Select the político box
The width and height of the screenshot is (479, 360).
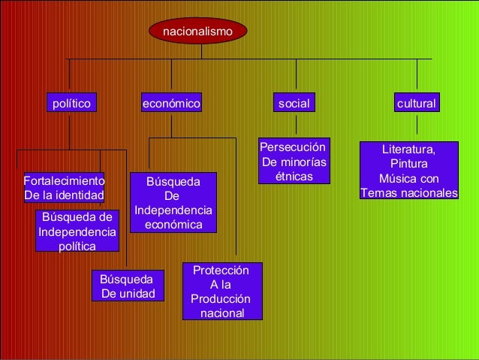coord(70,103)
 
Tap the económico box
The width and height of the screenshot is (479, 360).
coord(171,103)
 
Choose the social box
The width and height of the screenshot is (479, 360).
coord(294,103)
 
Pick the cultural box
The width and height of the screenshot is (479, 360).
coord(417,103)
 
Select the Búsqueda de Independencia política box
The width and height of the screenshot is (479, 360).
coord(77,231)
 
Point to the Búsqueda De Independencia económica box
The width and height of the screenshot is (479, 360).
coord(173,203)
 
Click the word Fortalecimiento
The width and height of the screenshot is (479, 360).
coord(64,181)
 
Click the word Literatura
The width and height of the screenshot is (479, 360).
coord(408,150)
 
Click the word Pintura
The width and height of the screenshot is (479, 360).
coord(408,164)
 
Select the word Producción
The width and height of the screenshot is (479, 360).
coord(221,299)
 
